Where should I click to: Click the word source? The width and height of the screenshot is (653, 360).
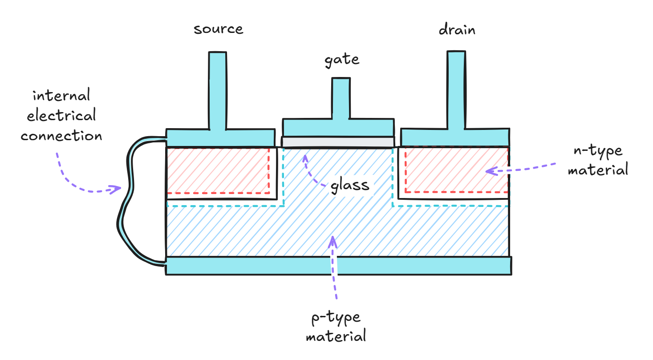tap(218, 29)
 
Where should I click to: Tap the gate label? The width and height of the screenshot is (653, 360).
tap(341, 59)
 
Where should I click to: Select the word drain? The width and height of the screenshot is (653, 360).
tap(457, 30)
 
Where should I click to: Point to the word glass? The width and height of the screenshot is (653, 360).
tap(350, 185)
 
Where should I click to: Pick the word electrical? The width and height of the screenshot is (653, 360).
tap(61, 116)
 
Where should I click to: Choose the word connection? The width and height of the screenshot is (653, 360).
tap(61, 136)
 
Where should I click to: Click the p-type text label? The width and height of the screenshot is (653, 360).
tap(336, 318)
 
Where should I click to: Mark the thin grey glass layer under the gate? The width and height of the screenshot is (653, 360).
tap(338, 142)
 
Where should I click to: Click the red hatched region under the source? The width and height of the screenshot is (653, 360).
tap(218, 170)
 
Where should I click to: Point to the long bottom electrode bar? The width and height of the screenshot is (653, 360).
tap(338, 266)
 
